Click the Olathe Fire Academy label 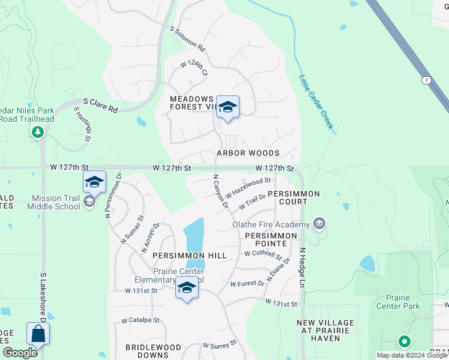click(271, 224)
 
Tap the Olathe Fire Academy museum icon click(319, 224)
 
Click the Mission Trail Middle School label click(48, 202)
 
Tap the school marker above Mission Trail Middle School click(94, 182)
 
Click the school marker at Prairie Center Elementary click(187, 289)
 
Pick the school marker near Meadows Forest click(228, 107)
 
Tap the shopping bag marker click(38, 334)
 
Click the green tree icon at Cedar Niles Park click(38, 131)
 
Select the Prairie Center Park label click(398, 301)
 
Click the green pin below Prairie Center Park click(404, 342)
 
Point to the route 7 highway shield click(426, 80)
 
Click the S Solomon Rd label click(188, 39)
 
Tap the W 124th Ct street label click(193, 68)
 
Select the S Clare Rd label click(100, 106)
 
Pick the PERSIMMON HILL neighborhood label click(189, 256)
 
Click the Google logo click(20, 353)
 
